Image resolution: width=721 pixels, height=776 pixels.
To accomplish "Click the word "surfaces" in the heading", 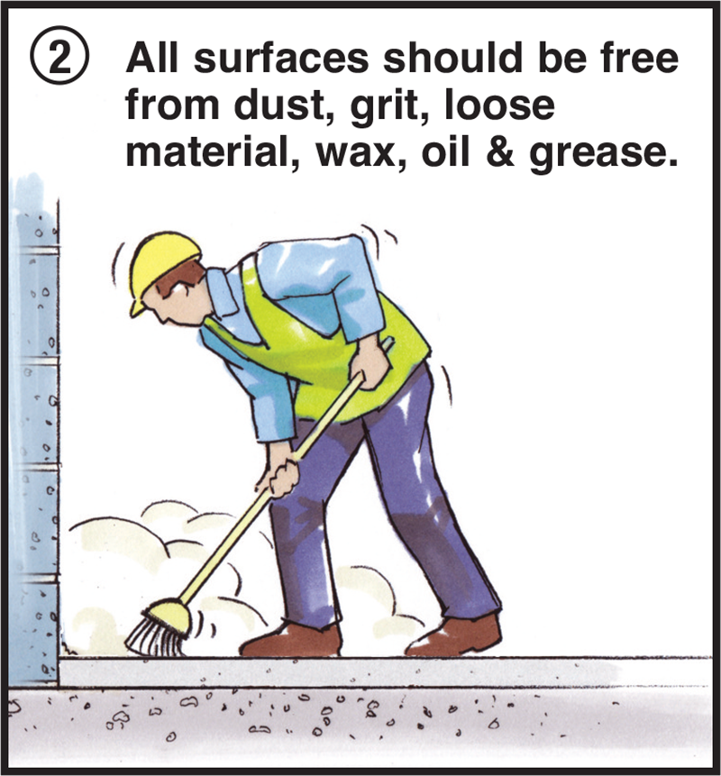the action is point(281,58).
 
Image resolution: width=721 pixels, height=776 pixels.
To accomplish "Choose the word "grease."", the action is point(603,154).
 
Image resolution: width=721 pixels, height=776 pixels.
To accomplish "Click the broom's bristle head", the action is point(159,627).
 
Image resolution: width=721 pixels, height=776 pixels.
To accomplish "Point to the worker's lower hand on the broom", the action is point(279,479).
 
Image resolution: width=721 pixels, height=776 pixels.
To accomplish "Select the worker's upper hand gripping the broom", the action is point(369,364).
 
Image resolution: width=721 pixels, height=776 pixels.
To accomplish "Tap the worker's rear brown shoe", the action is point(454,637).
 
